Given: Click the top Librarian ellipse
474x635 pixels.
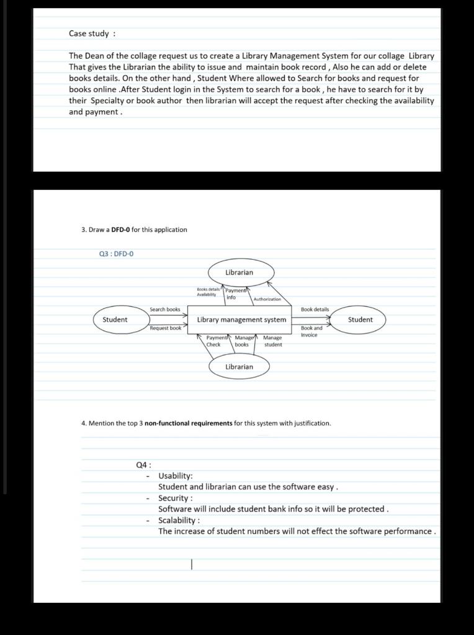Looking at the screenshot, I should pyautogui.click(x=239, y=272).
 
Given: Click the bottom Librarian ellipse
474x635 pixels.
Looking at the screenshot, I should pyautogui.click(x=239, y=366).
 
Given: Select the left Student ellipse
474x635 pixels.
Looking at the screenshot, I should pyautogui.click(x=115, y=320).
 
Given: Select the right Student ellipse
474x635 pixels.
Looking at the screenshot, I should pyautogui.click(x=360, y=320).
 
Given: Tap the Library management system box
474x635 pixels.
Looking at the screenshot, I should pyautogui.click(x=241, y=320).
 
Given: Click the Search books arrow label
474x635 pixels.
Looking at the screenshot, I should pyautogui.click(x=164, y=309).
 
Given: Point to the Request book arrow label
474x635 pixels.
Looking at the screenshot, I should pyautogui.click(x=165, y=328).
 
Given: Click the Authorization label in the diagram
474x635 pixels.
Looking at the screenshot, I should pyautogui.click(x=267, y=300).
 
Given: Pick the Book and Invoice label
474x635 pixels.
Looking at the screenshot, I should pyautogui.click(x=311, y=331).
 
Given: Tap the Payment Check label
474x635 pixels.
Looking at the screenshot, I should pyautogui.click(x=213, y=341).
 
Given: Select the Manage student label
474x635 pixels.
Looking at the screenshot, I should pyautogui.click(x=272, y=341).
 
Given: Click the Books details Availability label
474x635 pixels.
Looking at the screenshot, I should pyautogui.click(x=208, y=292).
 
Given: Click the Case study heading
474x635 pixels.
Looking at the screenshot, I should pyautogui.click(x=92, y=33).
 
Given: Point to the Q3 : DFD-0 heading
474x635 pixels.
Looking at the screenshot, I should pyautogui.click(x=116, y=254).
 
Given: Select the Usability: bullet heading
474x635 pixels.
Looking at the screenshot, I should pyautogui.click(x=176, y=476).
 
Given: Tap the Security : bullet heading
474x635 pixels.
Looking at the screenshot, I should pyautogui.click(x=176, y=498).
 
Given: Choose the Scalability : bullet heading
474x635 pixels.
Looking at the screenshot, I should pyautogui.click(x=179, y=520).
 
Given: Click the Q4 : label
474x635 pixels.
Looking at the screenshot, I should pyautogui.click(x=143, y=464).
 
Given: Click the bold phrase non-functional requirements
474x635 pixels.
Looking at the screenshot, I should pyautogui.click(x=189, y=424).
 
